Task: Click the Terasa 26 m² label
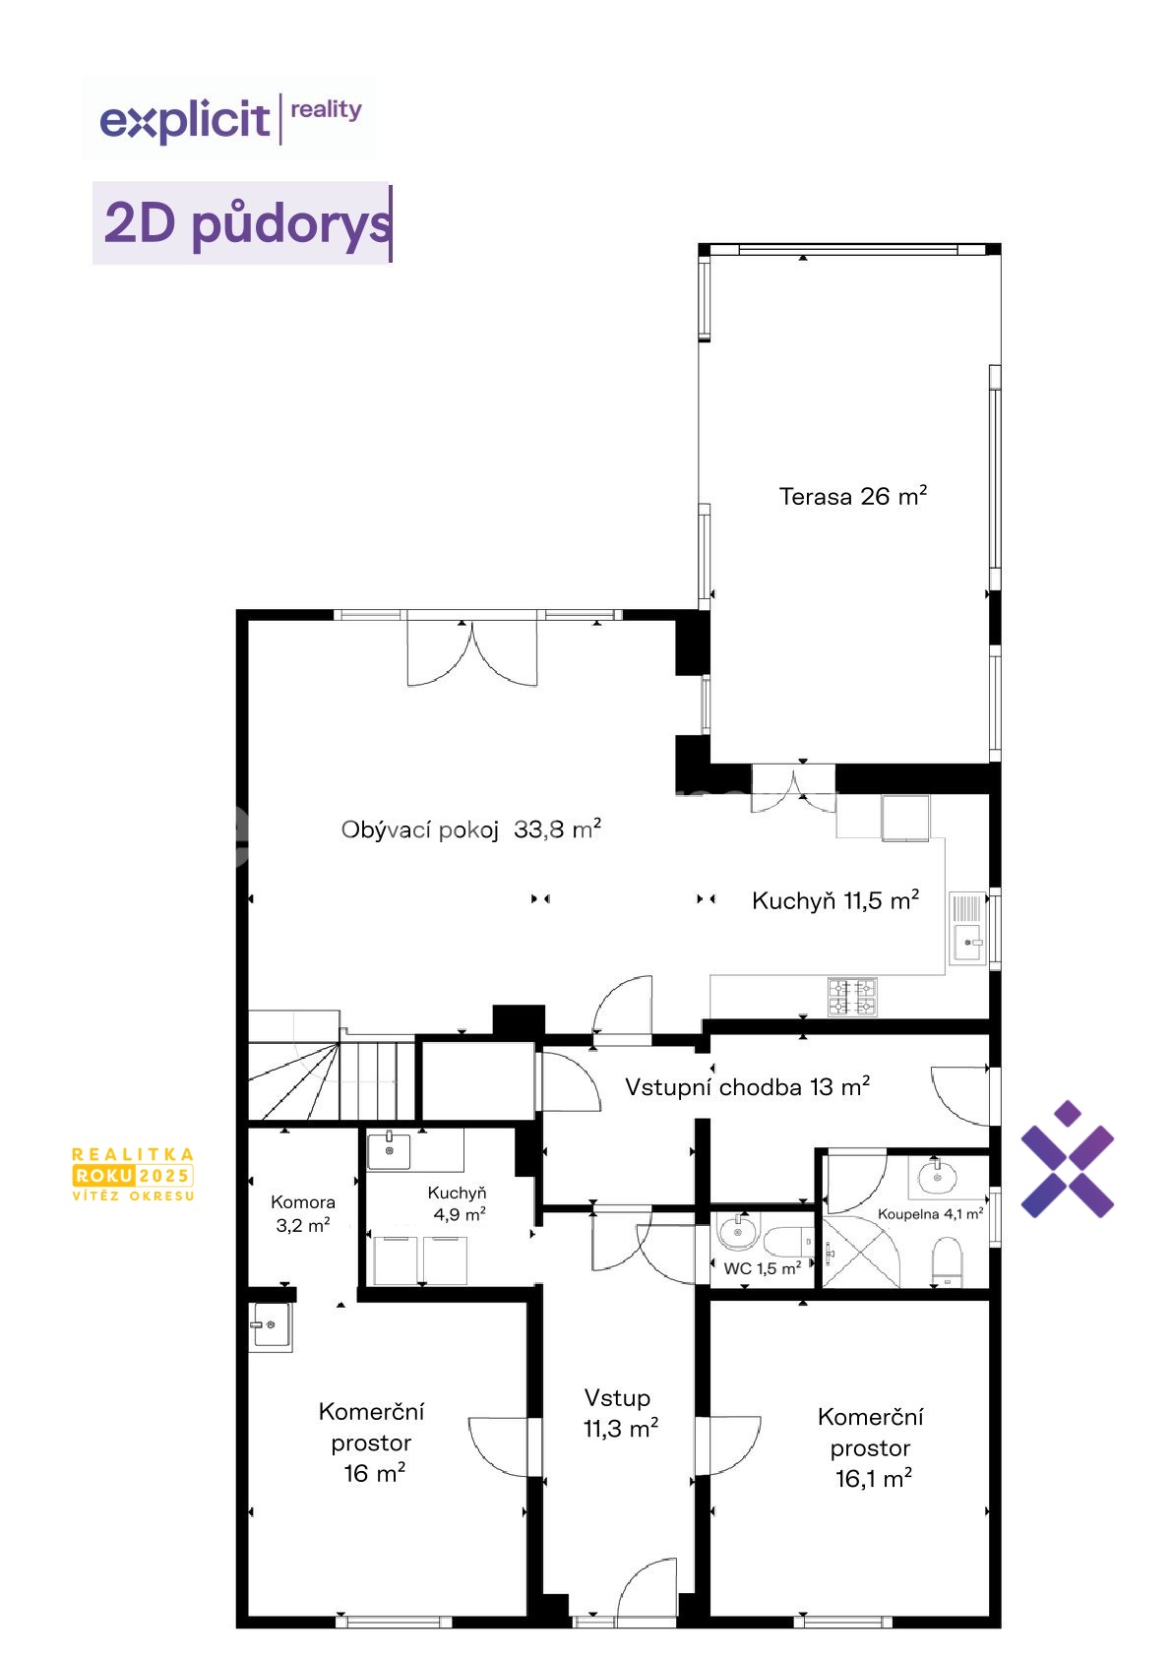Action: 852,496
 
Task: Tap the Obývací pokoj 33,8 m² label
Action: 470,829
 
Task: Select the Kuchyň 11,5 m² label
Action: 835,900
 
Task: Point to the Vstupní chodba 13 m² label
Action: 747,1086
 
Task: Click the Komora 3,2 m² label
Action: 303,1213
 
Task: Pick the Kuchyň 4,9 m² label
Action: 458,1203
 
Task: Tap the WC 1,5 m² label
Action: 762,1268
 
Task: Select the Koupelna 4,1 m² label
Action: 931,1213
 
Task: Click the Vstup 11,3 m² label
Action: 620,1413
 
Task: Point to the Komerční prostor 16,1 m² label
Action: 871,1446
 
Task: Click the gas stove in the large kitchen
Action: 852,997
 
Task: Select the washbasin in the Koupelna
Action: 937,1176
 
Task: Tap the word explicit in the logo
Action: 185,120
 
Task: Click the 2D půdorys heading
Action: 247,222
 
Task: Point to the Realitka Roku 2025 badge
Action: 133,1174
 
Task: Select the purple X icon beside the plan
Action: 1067,1159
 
